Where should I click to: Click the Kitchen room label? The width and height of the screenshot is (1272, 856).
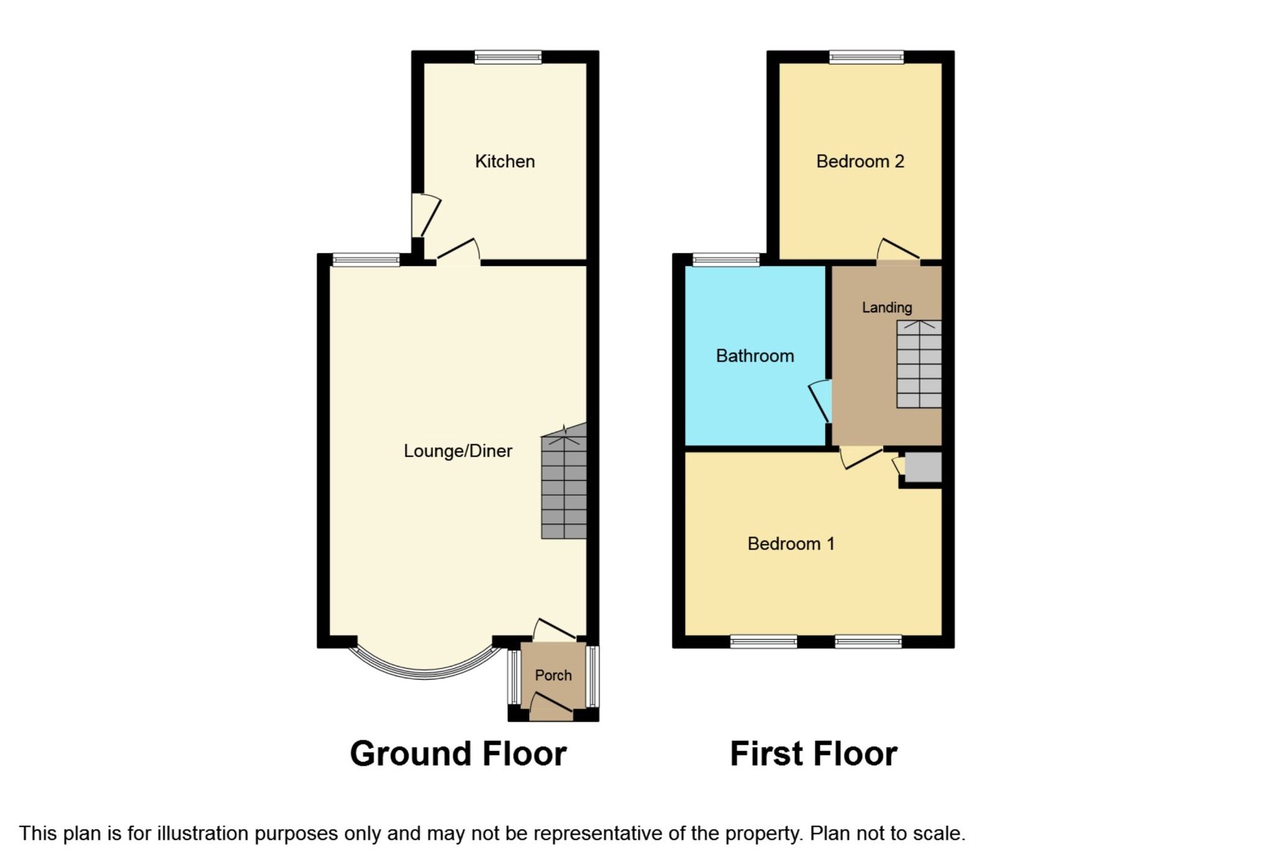coord(504,162)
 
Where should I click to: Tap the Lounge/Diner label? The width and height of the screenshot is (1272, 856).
coord(458,451)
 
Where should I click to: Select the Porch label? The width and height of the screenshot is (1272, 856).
coord(553,675)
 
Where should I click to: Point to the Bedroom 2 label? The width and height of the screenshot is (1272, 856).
coord(860,162)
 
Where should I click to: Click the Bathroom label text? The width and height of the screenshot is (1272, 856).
coord(755,356)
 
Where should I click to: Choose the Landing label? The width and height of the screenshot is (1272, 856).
coord(886,307)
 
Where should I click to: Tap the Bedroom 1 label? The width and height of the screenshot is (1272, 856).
coord(791,544)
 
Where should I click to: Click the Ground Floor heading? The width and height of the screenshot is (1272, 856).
coord(458,754)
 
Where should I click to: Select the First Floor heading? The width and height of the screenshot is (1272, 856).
coord(813,754)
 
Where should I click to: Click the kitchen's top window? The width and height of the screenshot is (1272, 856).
coord(508,58)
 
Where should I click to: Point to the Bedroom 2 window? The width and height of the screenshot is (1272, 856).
coord(866,58)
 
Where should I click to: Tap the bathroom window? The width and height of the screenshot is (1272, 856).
coord(725,260)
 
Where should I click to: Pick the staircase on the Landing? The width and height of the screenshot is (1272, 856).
coord(919,364)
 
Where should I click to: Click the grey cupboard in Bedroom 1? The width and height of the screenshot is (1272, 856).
coord(923,467)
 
